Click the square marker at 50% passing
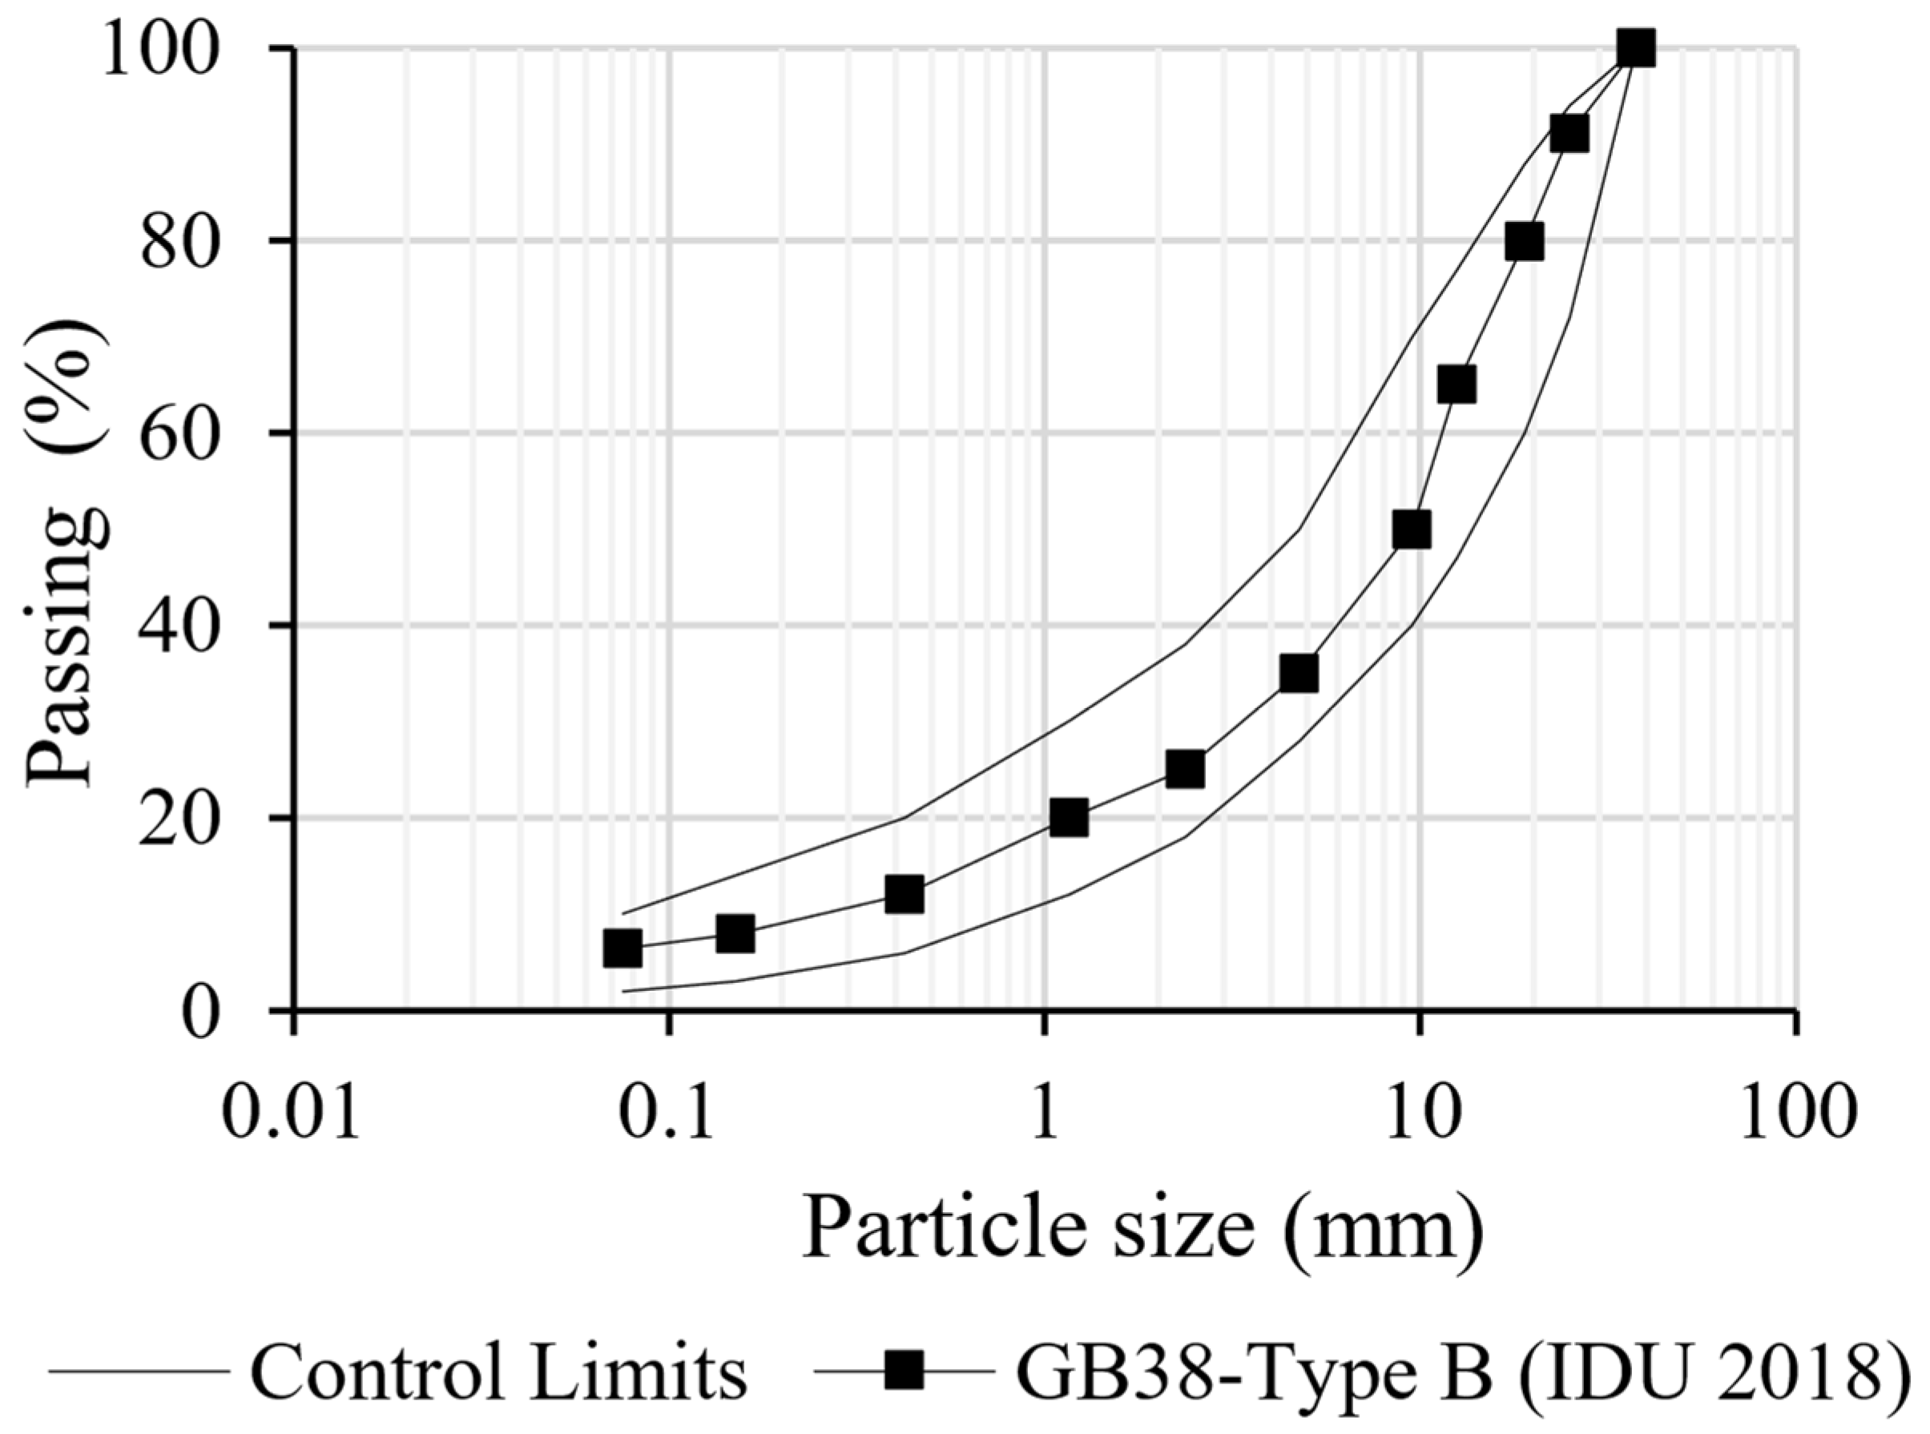(1411, 530)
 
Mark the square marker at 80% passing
(1525, 241)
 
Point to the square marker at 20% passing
(1069, 818)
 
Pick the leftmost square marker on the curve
(623, 948)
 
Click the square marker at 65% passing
(1457, 385)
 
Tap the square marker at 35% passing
(1299, 674)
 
